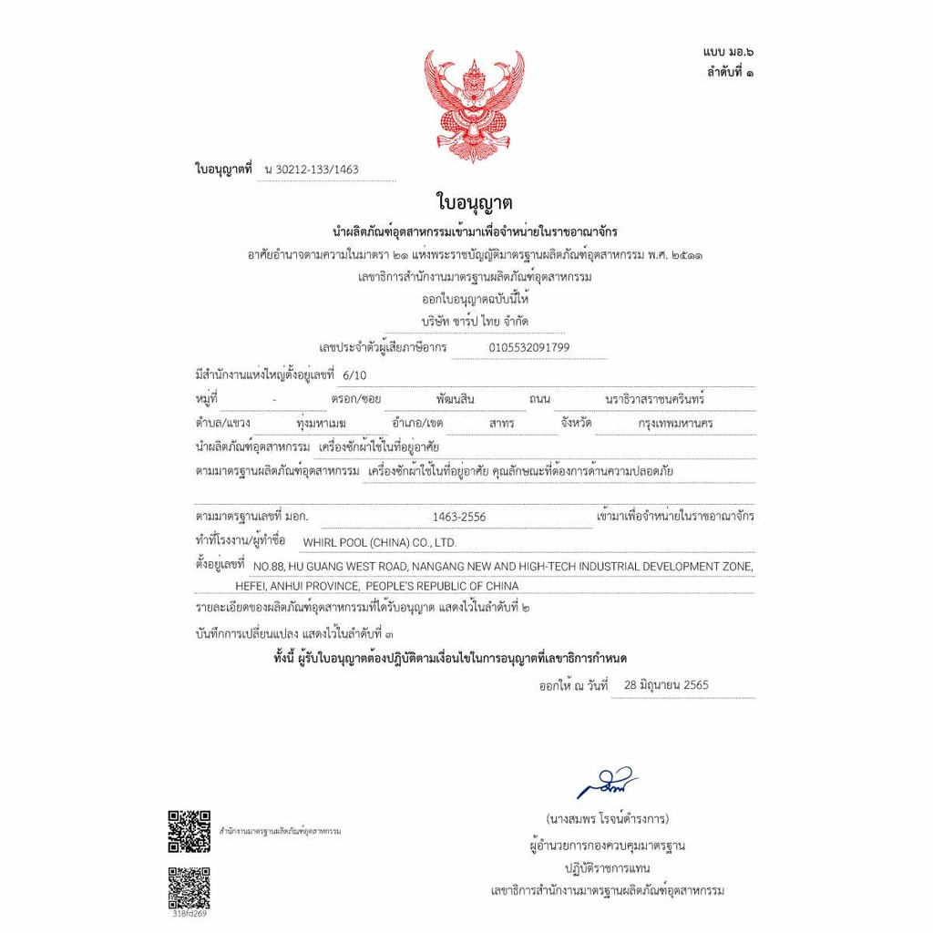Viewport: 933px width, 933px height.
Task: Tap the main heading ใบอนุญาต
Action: point(474,201)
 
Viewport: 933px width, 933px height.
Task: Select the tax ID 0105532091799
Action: point(529,347)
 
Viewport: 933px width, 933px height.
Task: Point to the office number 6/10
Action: point(352,374)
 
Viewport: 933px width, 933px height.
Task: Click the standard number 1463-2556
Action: point(459,518)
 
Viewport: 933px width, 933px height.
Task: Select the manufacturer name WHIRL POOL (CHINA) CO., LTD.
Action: point(379,543)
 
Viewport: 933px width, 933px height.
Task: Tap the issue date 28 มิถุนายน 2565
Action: point(660,685)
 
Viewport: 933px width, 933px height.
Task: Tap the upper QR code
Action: point(189,831)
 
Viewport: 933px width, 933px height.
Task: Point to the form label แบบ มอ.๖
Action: point(727,56)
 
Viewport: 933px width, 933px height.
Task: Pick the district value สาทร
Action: point(501,424)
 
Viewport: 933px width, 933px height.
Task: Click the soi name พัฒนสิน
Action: point(456,400)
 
